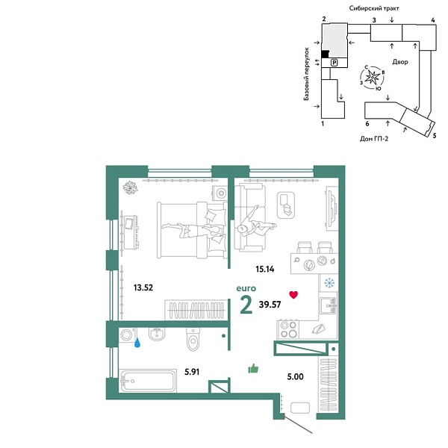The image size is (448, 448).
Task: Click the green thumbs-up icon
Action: click(252, 367)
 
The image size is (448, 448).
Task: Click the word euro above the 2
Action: click(246, 288)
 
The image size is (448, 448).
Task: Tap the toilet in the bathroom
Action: click(193, 340)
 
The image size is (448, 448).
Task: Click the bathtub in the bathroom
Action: click(146, 382)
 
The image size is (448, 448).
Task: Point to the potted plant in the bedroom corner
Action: click(131, 187)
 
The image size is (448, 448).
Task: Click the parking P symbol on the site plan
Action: click(335, 63)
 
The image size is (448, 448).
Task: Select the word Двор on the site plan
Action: click(399, 63)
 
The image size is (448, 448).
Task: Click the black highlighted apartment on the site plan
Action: click(325, 54)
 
